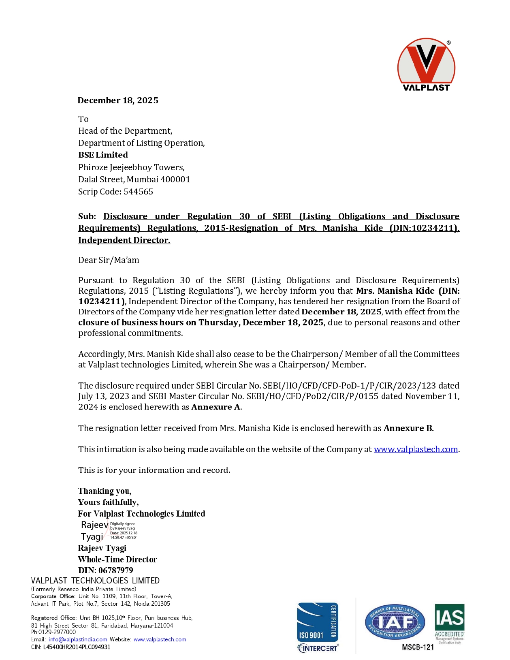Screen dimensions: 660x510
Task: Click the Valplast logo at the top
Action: (x=426, y=65)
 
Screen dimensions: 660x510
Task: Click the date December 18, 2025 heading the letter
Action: (x=118, y=100)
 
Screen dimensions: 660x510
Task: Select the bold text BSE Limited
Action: (x=103, y=155)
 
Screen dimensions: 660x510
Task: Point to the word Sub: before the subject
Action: (x=87, y=216)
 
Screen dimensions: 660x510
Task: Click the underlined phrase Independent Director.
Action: (x=124, y=240)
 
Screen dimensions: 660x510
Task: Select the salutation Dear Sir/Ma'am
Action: (x=109, y=260)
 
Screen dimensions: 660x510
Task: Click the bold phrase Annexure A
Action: (x=216, y=407)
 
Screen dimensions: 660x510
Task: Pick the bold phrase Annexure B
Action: (x=408, y=428)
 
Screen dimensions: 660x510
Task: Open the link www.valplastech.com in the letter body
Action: (x=416, y=449)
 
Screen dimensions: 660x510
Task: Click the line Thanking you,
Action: (x=105, y=491)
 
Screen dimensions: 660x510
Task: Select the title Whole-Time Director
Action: (x=117, y=560)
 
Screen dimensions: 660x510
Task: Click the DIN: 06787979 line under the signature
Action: (x=106, y=570)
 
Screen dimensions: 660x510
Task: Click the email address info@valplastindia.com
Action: (x=78, y=639)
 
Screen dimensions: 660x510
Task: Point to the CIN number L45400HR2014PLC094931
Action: (x=77, y=647)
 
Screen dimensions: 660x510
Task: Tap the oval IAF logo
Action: (x=395, y=622)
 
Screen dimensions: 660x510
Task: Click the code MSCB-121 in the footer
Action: (x=418, y=647)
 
